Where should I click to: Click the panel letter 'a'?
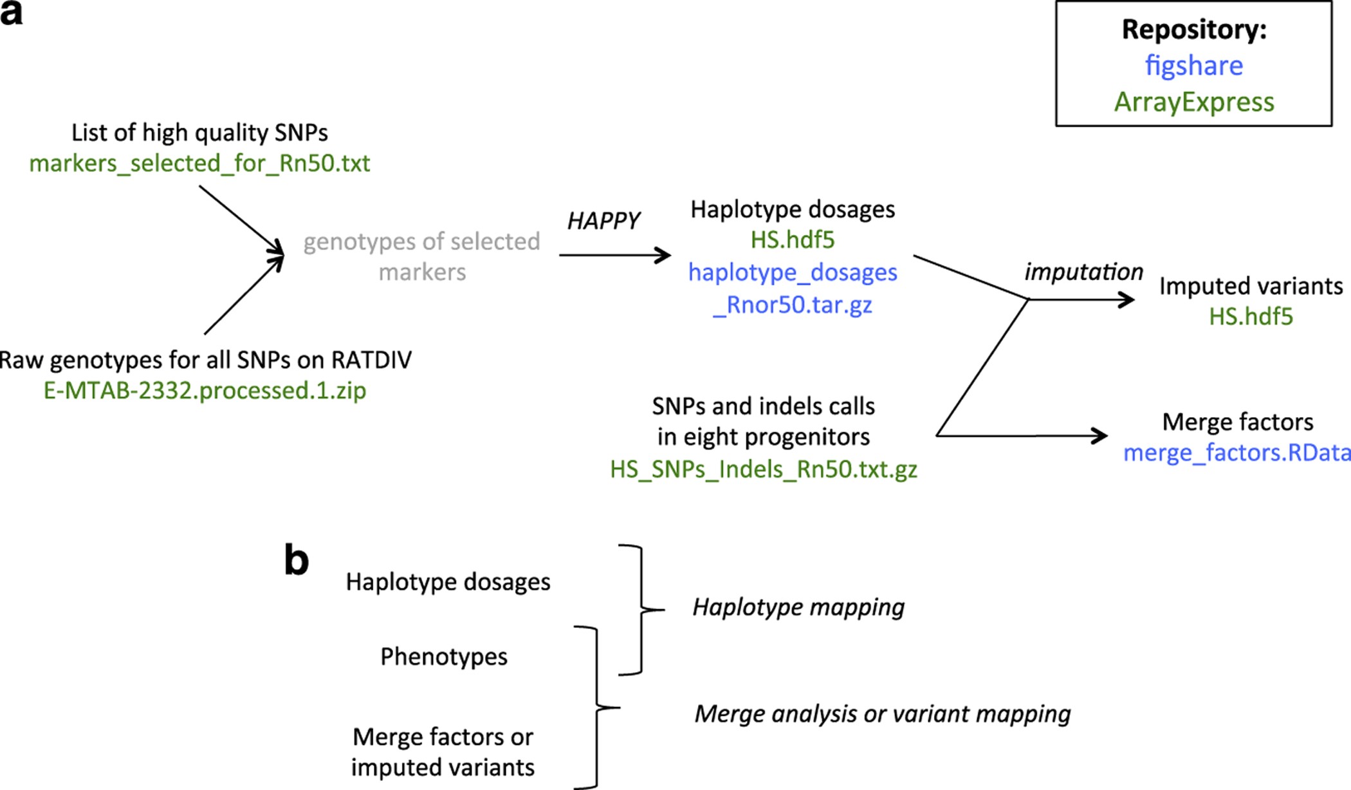[11, 13]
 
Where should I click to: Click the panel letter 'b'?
[297, 561]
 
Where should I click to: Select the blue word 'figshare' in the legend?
[1193, 66]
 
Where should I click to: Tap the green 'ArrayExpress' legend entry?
[1193, 102]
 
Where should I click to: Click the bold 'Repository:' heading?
[1193, 30]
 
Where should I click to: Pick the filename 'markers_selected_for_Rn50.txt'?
[199, 164]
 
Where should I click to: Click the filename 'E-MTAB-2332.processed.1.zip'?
[205, 391]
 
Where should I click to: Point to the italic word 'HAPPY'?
[603, 221]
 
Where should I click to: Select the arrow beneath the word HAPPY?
[614, 255]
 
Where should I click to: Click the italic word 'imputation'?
[1083, 272]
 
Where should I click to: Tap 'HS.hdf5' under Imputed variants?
[1250, 317]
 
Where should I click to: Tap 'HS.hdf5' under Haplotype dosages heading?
[792, 240]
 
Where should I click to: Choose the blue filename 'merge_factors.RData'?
[1236, 453]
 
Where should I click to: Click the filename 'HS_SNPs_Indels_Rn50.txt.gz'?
[763, 469]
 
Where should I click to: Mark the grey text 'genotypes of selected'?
[421, 241]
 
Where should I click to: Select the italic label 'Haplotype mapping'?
[798, 607]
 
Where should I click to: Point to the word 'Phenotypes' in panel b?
[443, 657]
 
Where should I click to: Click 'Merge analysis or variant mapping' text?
[882, 714]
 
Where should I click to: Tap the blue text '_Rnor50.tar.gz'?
[792, 305]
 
